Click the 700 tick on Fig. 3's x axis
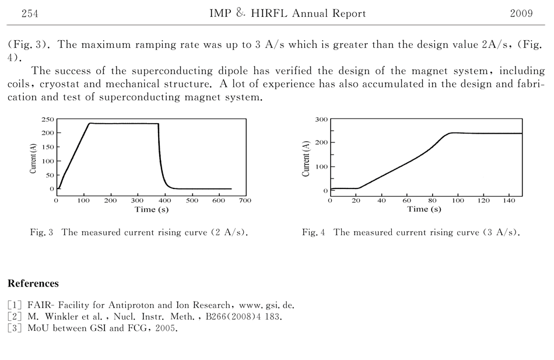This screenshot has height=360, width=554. point(245,201)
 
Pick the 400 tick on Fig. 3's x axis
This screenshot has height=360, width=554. point(164,201)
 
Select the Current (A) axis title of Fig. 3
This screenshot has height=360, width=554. point(33,155)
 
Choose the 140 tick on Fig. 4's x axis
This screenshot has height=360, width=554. point(510,201)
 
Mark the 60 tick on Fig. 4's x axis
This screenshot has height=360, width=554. point(407,201)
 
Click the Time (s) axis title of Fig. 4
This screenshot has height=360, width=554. point(424,209)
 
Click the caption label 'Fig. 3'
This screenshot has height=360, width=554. point(42,232)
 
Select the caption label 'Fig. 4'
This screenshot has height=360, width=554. point(314,232)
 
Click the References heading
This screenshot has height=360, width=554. point(33,284)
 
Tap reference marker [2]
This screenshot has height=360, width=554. point(15,316)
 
